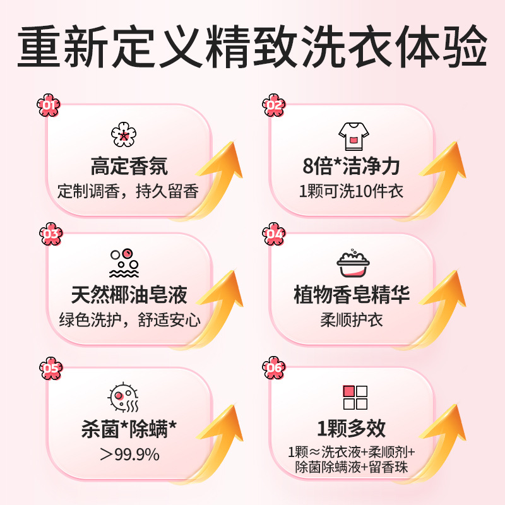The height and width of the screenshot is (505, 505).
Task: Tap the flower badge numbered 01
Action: [49, 105]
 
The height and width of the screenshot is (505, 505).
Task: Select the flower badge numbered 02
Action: [273, 105]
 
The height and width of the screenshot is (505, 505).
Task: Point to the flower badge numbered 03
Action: [50, 235]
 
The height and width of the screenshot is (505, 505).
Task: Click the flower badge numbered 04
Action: [274, 235]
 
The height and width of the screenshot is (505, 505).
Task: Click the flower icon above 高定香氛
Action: [124, 134]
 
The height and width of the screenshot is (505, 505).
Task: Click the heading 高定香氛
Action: [129, 167]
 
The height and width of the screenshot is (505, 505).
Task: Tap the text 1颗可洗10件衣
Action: [351, 191]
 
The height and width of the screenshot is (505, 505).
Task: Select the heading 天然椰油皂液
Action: [129, 295]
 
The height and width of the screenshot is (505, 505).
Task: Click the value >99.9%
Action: [129, 454]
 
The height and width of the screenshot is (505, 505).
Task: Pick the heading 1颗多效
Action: [351, 429]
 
